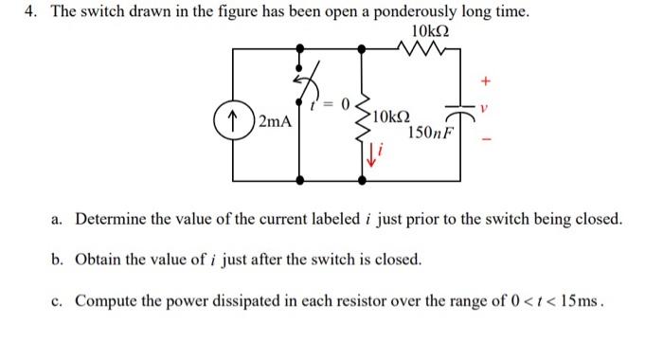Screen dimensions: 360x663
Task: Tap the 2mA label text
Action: [274, 122]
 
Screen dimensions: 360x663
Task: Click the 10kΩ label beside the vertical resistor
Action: [390, 117]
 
